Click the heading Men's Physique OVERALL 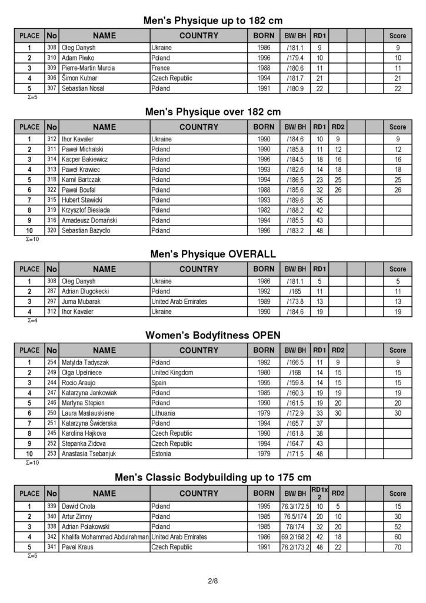[x=212, y=254]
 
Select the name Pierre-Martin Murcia [x=88, y=68]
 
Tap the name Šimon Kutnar [x=79, y=78]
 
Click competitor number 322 [x=52, y=190]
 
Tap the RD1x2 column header [x=319, y=493]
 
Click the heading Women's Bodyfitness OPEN [x=212, y=336]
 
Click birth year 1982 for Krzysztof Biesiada [x=264, y=210]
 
